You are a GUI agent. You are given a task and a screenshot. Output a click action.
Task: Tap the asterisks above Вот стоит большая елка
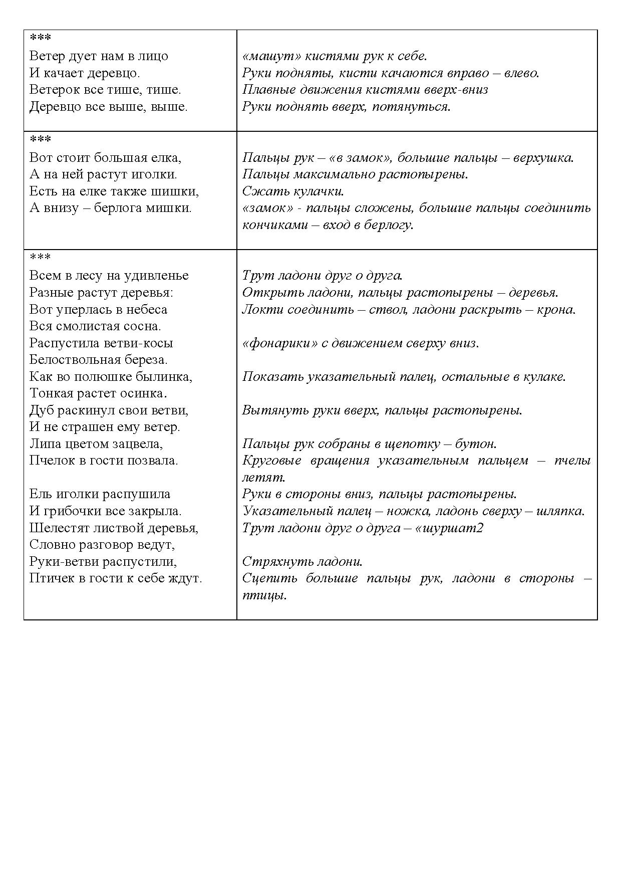(41, 139)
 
